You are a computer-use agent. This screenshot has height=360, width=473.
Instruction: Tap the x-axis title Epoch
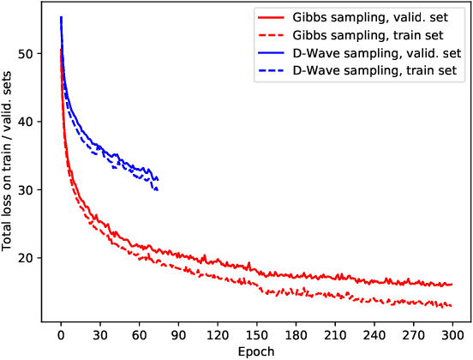click(x=254, y=351)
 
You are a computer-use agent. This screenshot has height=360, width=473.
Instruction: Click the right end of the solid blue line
click(x=159, y=178)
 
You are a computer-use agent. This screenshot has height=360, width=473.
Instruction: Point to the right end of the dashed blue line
click(x=159, y=189)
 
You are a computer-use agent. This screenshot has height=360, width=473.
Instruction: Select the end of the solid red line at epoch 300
click(x=452, y=285)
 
